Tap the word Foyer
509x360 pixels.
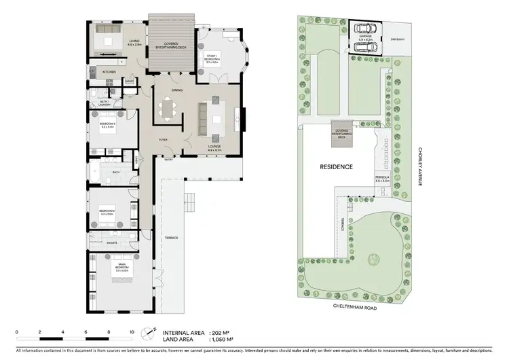tap(164, 140)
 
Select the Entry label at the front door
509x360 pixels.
tap(169, 160)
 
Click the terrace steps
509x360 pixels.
tap(191, 200)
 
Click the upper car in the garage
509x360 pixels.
tap(366, 29)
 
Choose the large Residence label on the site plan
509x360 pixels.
tap(337, 166)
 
